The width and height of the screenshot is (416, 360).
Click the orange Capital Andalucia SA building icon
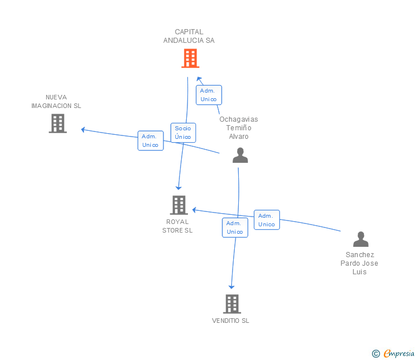coord(190,58)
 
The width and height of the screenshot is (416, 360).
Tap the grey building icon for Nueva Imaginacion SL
coord(58,123)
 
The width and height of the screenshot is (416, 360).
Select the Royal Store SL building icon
coord(179,205)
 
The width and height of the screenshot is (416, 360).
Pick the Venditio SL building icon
coord(231,304)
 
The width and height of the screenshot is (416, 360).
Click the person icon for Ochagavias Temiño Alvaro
coord(241,155)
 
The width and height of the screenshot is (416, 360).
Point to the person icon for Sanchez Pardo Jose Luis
coord(361,239)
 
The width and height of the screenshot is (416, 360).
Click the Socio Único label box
coord(183,133)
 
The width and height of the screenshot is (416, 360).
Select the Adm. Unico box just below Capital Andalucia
coord(209,95)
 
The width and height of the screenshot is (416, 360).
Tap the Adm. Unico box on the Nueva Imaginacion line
coord(150,141)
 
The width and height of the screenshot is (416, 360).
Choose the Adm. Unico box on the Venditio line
coord(235,227)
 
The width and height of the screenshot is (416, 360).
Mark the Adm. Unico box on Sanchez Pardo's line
coord(266,220)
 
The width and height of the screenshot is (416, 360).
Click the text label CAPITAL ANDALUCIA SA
coord(189,37)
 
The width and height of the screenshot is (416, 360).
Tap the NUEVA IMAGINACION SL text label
coord(57,102)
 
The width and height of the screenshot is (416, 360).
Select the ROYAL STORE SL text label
coord(177,226)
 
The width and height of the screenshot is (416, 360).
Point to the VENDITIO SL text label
coord(231,321)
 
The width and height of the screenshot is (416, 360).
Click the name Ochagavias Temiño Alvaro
coord(239,128)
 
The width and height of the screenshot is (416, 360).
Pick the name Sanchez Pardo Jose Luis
coord(359,263)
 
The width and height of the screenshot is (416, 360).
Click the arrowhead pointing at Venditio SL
coord(231,287)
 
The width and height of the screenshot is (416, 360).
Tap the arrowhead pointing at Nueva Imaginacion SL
coord(83,130)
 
